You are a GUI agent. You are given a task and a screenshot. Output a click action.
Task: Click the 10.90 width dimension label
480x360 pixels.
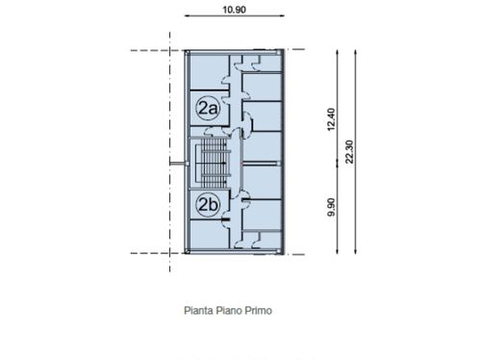coord(235,10)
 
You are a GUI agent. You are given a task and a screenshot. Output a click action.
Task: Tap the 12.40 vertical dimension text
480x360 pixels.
coord(331,119)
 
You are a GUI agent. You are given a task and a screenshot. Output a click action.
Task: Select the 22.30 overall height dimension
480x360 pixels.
coord(349,152)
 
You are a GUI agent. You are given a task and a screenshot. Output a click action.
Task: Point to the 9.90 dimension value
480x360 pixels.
coord(331,207)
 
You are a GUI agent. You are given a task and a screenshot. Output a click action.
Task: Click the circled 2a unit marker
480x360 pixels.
coord(208,108)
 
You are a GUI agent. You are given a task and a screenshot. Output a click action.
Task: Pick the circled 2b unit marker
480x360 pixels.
coord(208,204)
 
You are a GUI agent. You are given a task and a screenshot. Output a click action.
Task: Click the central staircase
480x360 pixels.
coord(215,163)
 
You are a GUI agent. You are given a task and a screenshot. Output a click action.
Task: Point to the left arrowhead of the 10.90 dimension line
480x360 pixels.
coord(188,15)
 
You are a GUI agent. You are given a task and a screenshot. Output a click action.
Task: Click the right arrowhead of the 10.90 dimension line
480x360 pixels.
coord(282,15)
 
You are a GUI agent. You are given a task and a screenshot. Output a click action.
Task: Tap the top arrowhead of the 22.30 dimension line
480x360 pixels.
coord(355,52)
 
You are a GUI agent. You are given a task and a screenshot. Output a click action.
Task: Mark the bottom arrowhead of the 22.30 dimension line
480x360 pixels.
coord(355,251)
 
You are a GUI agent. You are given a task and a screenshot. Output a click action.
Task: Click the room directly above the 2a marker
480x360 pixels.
coord(209,72)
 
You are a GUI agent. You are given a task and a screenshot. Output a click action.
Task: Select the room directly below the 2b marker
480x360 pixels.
coord(209,234)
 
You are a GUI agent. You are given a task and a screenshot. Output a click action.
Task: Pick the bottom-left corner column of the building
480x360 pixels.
coord(188,251)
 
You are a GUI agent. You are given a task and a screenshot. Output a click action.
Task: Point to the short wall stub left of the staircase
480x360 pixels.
coord(177,164)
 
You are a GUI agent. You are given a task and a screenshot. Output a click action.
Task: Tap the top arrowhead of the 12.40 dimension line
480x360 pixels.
coord(337,52)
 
